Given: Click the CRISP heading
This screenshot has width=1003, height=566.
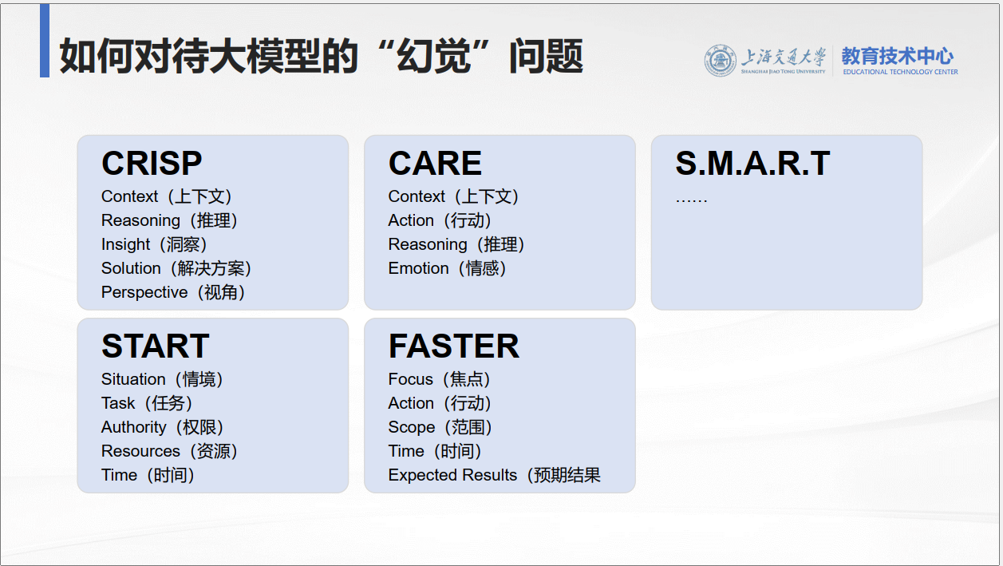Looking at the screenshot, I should [152, 164].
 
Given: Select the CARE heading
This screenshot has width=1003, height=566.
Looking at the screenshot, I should [435, 164].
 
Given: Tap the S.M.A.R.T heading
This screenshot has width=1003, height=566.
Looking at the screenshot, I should [752, 164].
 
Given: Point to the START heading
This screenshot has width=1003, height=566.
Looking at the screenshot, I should [155, 346].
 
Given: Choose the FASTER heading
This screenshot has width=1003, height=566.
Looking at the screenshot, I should [453, 346].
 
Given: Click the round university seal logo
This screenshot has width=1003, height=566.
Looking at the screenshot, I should [720, 61].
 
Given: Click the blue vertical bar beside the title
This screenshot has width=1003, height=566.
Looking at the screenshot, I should [45, 41].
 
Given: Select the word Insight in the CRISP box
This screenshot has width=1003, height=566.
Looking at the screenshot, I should [125, 244].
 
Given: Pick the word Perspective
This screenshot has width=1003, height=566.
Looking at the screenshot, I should [144, 292].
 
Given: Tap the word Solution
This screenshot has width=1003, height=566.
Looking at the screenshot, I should [131, 268].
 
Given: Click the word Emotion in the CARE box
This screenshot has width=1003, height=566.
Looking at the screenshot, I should [418, 268].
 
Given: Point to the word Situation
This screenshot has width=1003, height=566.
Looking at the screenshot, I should [133, 379].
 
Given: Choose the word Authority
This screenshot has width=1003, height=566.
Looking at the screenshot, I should [133, 427].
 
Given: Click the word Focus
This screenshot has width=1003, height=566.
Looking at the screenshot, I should [410, 379].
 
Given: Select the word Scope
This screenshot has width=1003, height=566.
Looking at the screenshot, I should [411, 427].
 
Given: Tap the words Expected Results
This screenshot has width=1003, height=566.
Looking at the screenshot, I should [452, 475].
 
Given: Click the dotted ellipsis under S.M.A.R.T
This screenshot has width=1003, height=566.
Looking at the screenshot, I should [691, 199].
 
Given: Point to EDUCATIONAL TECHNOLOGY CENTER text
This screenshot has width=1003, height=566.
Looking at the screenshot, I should [900, 72].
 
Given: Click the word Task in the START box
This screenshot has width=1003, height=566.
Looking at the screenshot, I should [118, 403].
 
